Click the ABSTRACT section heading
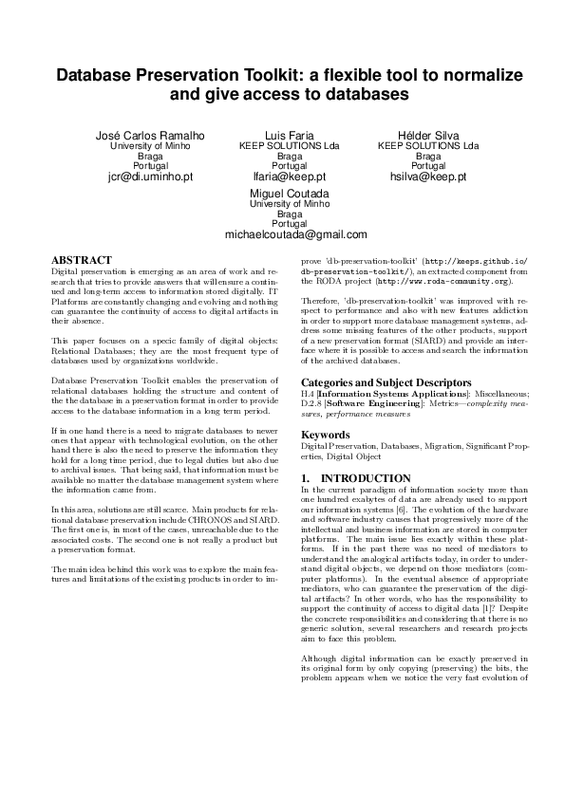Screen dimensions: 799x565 [x=81, y=259]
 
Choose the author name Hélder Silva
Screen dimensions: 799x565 [x=428, y=136]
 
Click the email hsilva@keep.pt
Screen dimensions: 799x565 [x=428, y=177]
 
